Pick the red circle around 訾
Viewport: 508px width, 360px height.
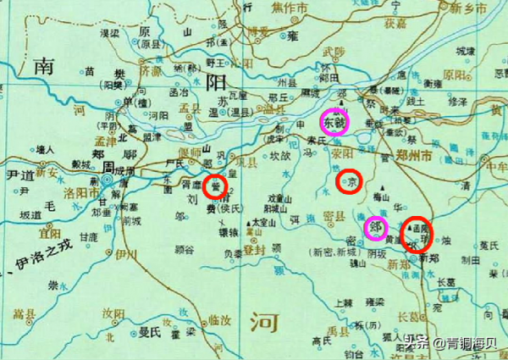[216, 187]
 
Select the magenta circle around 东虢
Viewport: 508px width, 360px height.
[334, 122]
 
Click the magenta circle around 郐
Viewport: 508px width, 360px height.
[375, 228]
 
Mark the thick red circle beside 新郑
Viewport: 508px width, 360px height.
[416, 233]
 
